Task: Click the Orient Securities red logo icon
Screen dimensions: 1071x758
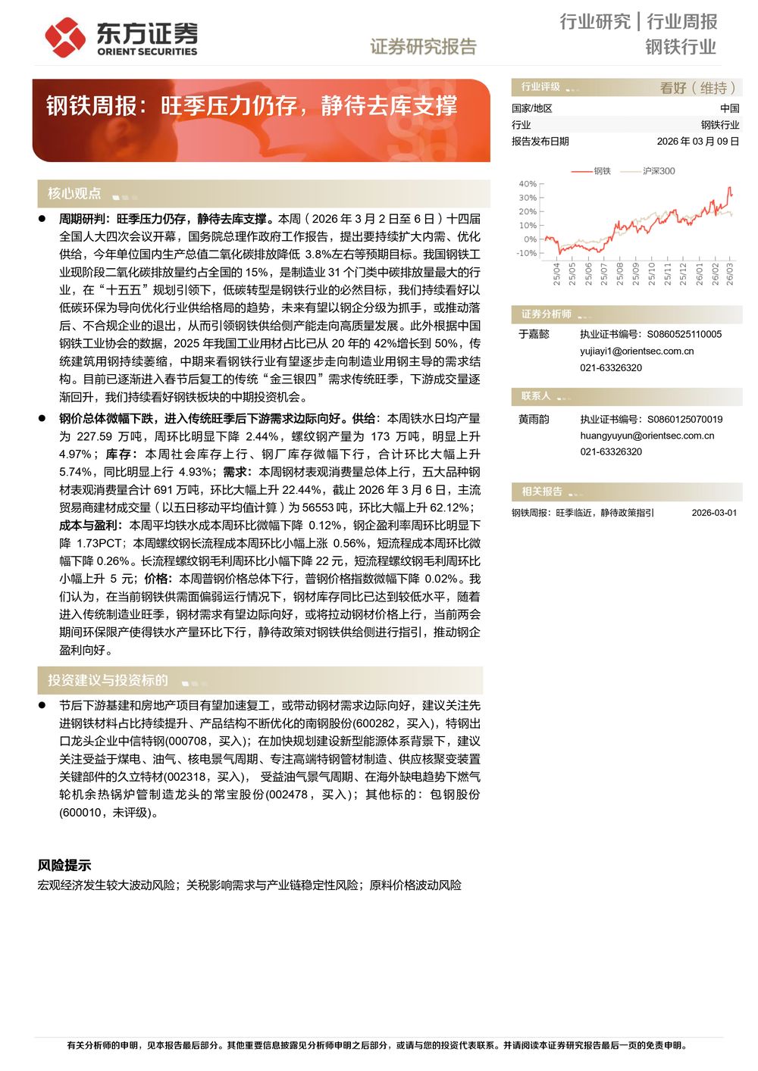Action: coord(64,36)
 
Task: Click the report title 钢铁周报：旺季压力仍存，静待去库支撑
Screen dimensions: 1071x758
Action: coord(252,105)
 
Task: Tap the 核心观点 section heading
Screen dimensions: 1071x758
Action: coord(74,194)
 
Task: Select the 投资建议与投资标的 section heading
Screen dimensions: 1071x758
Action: coord(108,680)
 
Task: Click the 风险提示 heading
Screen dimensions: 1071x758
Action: coord(64,865)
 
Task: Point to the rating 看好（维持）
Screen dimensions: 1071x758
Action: coord(698,88)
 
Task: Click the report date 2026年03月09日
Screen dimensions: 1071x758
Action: coord(697,142)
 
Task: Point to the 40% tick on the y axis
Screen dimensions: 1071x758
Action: coord(528,184)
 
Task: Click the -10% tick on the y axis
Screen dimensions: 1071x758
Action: coord(527,253)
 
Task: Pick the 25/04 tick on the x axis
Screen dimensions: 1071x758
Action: coord(557,273)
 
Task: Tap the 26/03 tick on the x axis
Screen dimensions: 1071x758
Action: coord(730,273)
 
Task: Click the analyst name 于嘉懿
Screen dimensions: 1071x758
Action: coord(534,334)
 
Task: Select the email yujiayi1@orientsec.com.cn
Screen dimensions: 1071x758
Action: coord(637,351)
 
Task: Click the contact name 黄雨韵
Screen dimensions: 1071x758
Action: coord(534,419)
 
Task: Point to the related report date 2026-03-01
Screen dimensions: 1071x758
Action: coord(714,513)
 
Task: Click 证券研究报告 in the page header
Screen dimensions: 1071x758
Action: coord(423,47)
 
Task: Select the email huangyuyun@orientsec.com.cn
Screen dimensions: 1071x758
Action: coord(647,436)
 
